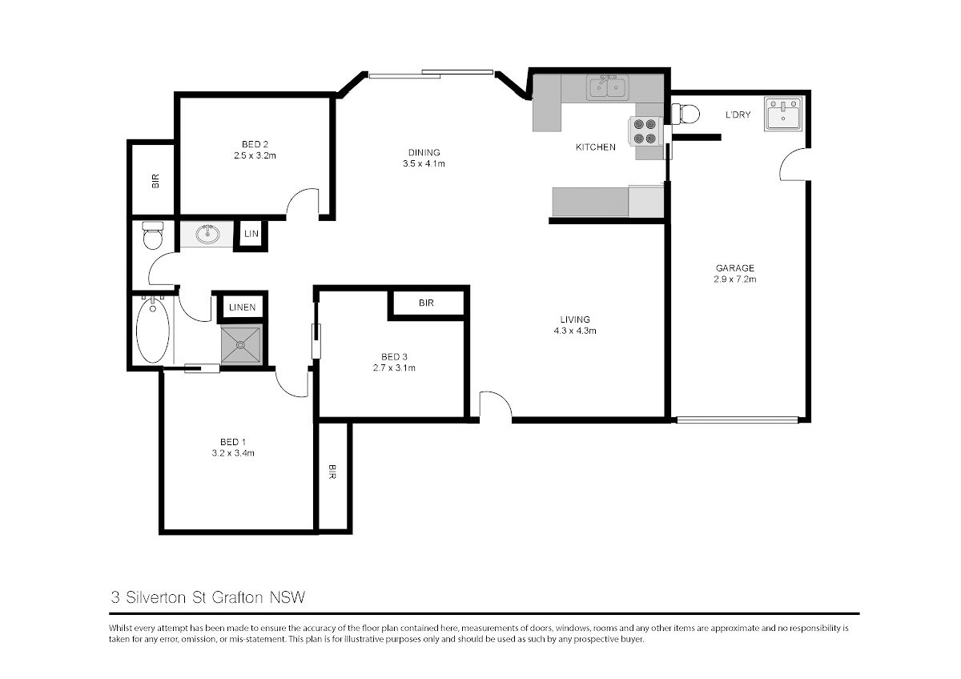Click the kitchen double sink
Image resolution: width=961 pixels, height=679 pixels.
tap(608, 87)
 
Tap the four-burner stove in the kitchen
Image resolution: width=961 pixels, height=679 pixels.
tap(645, 131)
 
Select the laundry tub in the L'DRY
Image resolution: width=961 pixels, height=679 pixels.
tap(783, 113)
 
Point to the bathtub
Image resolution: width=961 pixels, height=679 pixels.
tap(153, 330)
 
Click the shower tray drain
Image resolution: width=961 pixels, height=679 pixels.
tap(241, 344)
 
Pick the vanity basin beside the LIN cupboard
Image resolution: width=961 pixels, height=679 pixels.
tap(207, 234)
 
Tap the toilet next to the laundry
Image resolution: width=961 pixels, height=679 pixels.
tap(686, 114)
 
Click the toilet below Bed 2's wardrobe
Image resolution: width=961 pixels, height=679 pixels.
tap(153, 235)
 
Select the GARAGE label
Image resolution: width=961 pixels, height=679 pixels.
tap(735, 268)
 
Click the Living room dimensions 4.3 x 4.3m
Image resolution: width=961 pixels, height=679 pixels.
tap(575, 331)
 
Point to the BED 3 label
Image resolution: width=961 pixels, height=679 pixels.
tap(394, 357)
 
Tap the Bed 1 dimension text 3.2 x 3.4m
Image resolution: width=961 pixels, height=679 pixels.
tap(233, 453)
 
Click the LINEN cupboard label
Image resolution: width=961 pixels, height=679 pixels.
tap(243, 307)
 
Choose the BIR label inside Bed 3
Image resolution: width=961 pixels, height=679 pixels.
tap(426, 303)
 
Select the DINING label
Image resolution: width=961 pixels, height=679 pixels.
tap(424, 152)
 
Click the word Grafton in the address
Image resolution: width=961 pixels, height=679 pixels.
tap(237, 597)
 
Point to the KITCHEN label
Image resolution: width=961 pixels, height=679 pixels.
tap(596, 147)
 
